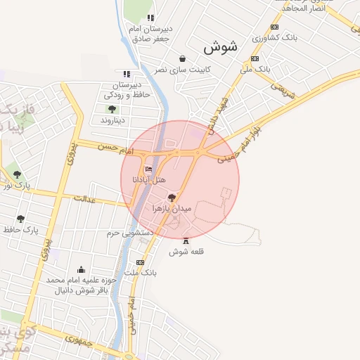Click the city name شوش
(221, 47)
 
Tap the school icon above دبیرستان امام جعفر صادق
(150, 18)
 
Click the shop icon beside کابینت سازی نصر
(184, 59)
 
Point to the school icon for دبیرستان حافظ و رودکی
(127, 74)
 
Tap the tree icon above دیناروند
(112, 109)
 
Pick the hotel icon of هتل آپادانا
(148, 169)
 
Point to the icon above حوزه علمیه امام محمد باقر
(82, 269)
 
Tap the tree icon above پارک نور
(18, 174)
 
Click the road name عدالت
(84, 200)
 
